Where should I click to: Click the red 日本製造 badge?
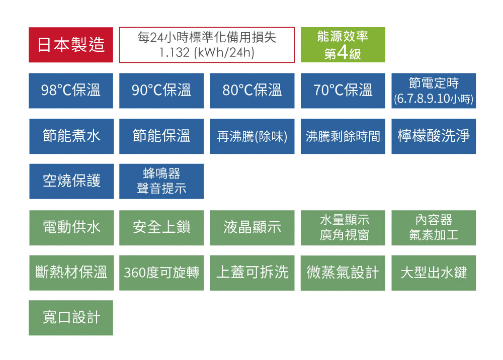tap(71, 45)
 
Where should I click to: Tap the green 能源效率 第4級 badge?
tap(343, 45)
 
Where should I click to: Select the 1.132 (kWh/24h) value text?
tap(207, 52)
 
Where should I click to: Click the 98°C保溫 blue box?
tap(71, 91)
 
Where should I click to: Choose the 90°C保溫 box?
tap(161, 91)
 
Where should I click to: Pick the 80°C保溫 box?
tap(252, 91)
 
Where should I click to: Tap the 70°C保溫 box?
tap(343, 91)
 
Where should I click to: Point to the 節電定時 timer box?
tap(434, 91)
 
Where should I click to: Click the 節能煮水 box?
tap(71, 136)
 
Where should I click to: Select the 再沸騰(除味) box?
tap(252, 136)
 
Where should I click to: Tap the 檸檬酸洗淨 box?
tap(434, 136)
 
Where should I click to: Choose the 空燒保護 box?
tap(71, 181)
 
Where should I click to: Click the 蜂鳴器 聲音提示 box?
tap(161, 181)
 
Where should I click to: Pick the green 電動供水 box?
tap(71, 227)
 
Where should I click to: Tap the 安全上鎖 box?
tap(161, 227)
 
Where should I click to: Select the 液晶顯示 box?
tap(252, 227)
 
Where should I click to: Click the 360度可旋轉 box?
tap(161, 273)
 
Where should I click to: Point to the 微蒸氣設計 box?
tap(343, 273)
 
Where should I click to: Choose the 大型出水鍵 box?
tap(434, 273)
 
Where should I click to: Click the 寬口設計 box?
tap(71, 318)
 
